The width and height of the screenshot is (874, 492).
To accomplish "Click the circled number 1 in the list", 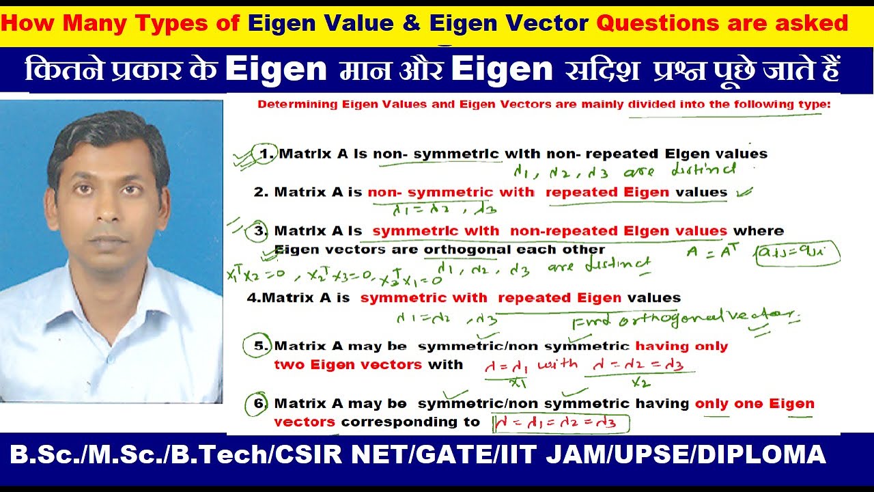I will [266, 154].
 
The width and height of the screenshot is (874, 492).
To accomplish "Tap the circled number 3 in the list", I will [260, 231].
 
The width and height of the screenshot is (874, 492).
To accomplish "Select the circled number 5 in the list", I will [259, 346].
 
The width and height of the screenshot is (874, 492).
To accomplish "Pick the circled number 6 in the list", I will [259, 404].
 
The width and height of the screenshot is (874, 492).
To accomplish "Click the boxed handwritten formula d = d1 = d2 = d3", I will [560, 423].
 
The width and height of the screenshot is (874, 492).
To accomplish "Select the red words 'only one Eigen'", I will [755, 404].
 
